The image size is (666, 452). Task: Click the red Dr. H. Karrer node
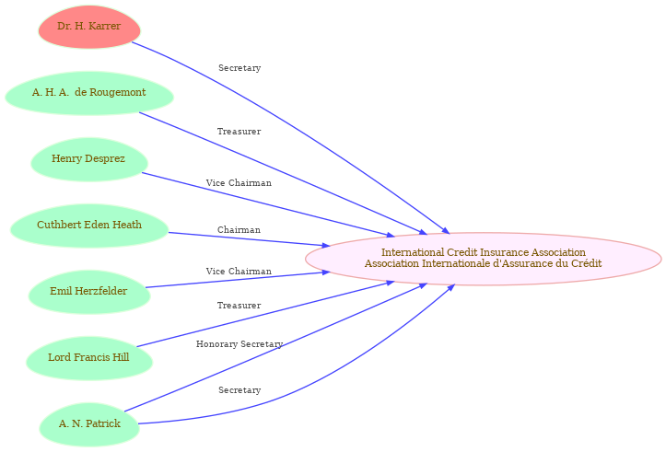pyautogui.click(x=89, y=27)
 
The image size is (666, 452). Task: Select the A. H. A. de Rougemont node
pyautogui.click(x=89, y=93)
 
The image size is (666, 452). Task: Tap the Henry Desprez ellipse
pyautogui.click(x=89, y=159)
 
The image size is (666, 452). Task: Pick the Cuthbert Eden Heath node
pyautogui.click(x=89, y=226)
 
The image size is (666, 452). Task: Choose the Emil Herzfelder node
pyautogui.click(x=89, y=292)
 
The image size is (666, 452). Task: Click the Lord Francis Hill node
pyautogui.click(x=89, y=358)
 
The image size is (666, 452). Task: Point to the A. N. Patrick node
pyautogui.click(x=89, y=424)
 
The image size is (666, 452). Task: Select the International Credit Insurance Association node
pyautogui.click(x=484, y=259)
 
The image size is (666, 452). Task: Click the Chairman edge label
pyautogui.click(x=239, y=229)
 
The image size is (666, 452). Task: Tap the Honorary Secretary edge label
pyautogui.click(x=240, y=343)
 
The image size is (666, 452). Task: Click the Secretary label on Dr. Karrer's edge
pyautogui.click(x=240, y=68)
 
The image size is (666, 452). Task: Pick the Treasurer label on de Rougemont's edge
pyautogui.click(x=240, y=132)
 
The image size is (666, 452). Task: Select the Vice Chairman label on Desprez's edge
pyautogui.click(x=239, y=183)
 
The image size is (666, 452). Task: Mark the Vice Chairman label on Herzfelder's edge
pyautogui.click(x=239, y=272)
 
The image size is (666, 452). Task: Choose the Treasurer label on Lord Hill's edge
pyautogui.click(x=240, y=305)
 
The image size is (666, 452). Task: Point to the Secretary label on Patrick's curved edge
pyautogui.click(x=240, y=390)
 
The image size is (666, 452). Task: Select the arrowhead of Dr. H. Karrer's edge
pyautogui.click(x=446, y=230)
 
